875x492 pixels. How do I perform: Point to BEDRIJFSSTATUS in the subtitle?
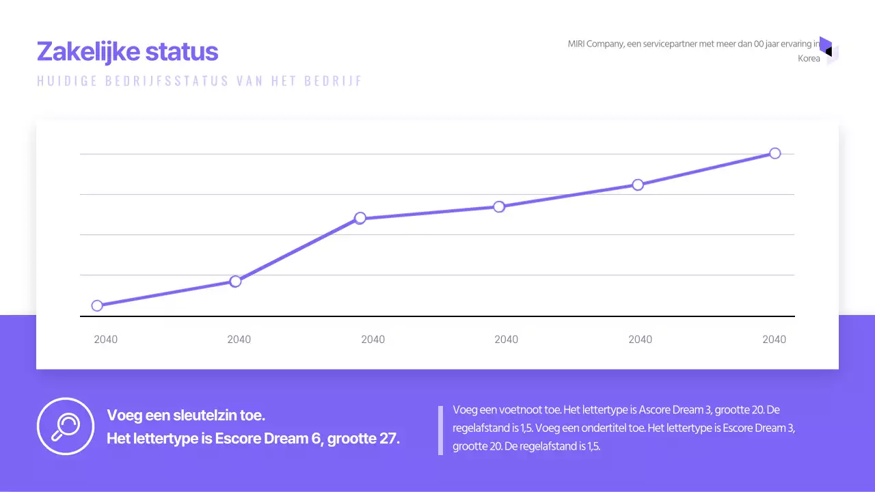point(167,81)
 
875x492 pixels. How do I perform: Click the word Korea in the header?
point(809,59)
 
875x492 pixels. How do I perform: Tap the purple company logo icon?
point(828,51)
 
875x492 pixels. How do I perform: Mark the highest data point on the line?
point(775,153)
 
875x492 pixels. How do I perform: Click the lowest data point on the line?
point(97,305)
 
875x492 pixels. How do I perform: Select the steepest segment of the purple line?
point(297,249)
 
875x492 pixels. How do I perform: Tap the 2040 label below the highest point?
point(774,340)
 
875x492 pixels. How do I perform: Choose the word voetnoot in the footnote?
point(527,410)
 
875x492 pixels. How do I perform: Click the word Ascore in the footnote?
point(656,410)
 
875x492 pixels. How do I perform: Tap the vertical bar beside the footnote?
point(440,430)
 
